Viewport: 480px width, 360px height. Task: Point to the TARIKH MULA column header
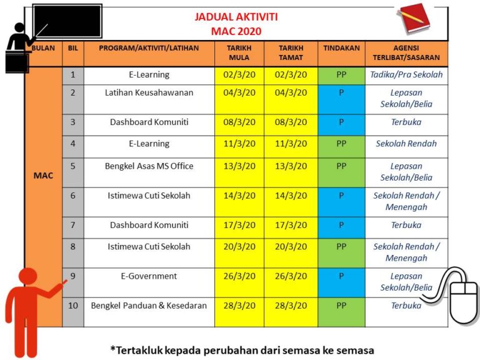pos(239,53)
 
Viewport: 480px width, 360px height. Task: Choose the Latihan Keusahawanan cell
pos(149,92)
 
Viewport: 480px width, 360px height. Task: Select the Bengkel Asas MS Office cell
pos(149,166)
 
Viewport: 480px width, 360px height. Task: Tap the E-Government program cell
pos(149,276)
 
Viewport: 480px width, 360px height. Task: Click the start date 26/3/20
pos(239,276)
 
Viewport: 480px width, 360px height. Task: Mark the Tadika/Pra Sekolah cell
pos(406,75)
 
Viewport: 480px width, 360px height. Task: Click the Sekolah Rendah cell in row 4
pos(406,144)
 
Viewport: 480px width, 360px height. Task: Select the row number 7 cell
pos(73,225)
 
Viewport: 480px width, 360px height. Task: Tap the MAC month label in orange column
pos(43,176)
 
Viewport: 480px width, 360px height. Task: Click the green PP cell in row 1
pos(341,75)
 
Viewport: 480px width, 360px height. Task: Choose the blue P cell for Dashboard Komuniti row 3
pos(341,122)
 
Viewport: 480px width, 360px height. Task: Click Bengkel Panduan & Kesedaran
pos(149,306)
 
